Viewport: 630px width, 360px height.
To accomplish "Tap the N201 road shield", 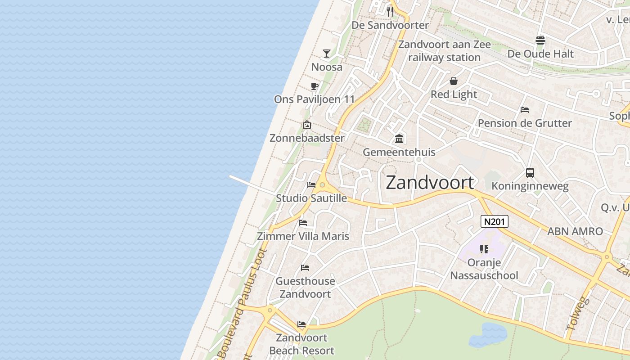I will pyautogui.click(x=495, y=221).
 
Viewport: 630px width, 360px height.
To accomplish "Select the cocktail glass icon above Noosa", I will pyautogui.click(x=327, y=54).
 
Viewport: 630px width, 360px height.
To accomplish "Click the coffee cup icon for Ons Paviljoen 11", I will pyautogui.click(x=315, y=86).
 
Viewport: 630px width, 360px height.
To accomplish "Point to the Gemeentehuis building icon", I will pyautogui.click(x=399, y=139).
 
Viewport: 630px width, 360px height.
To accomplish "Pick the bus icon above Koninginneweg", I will pyautogui.click(x=530, y=172).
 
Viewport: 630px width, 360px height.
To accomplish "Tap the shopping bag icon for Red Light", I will pyautogui.click(x=454, y=81).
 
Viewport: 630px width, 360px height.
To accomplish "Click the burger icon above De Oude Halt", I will pyautogui.click(x=540, y=40).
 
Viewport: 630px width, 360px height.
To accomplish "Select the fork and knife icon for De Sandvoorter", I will pyautogui.click(x=390, y=11).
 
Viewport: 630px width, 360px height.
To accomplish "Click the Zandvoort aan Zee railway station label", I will pyautogui.click(x=444, y=51).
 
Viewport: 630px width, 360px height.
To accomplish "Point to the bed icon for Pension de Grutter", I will pyautogui.click(x=524, y=109).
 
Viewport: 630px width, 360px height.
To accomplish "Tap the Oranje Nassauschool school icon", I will pyautogui.click(x=484, y=249).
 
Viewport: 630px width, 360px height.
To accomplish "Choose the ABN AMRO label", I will pyautogui.click(x=575, y=231).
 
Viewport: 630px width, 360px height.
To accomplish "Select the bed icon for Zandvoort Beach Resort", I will pyautogui.click(x=301, y=324).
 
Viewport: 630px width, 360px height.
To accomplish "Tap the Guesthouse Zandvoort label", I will pyautogui.click(x=305, y=287).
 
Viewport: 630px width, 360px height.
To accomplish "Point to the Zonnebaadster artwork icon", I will pyautogui.click(x=307, y=125).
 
